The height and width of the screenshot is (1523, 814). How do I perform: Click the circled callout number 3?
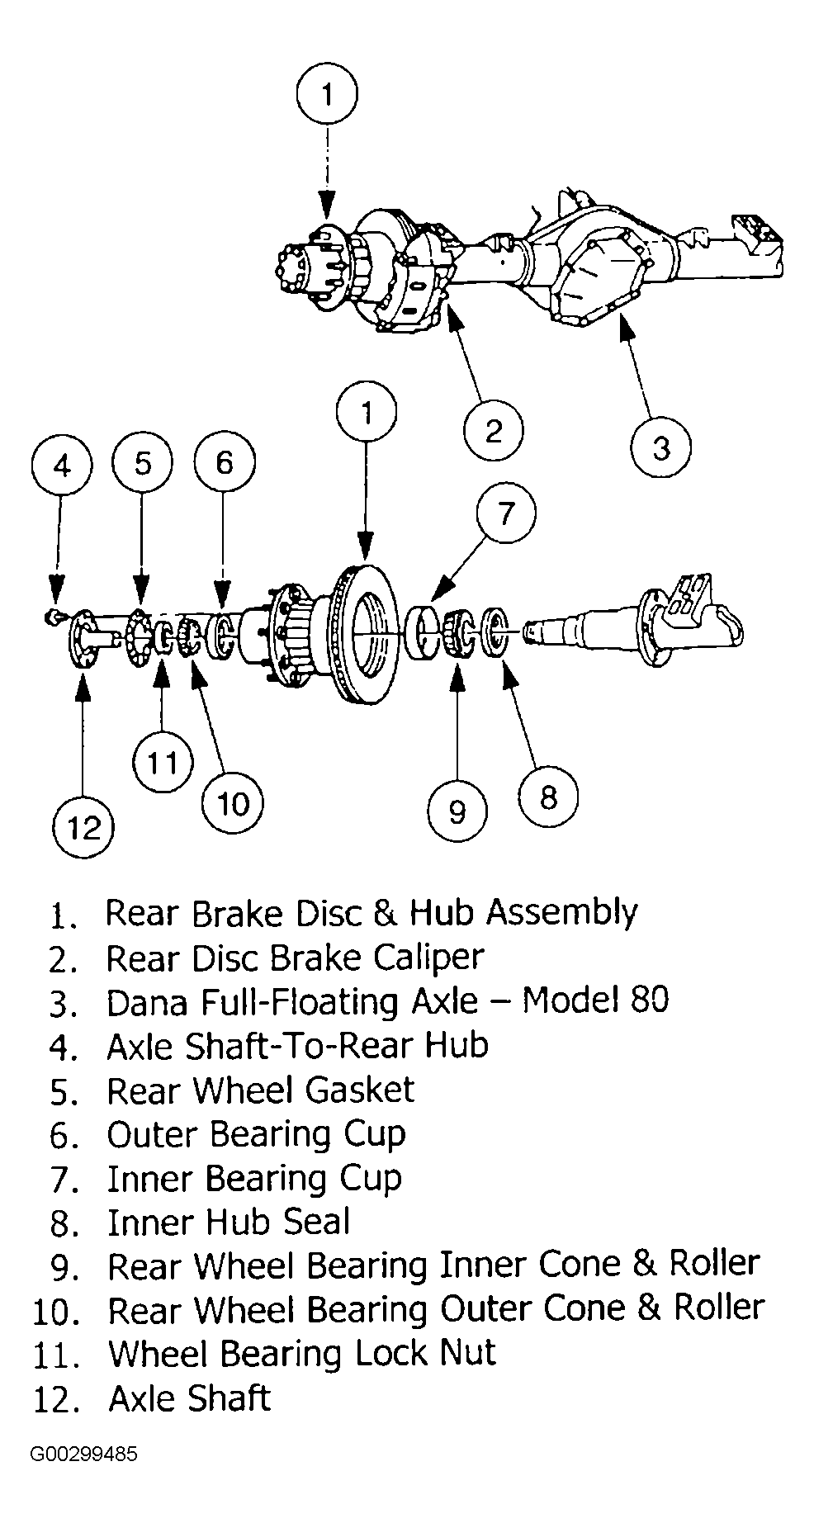660,447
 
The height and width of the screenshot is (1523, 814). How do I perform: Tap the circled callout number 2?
494,431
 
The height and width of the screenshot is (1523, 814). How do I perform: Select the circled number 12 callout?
84,826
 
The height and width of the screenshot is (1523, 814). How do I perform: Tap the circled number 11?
162,762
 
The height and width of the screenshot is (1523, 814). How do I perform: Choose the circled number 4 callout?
62,466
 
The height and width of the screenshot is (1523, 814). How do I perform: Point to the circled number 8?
548,797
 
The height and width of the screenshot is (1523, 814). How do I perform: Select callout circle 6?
224,463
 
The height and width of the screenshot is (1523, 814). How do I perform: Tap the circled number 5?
143,463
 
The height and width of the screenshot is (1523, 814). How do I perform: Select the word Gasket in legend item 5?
360,1090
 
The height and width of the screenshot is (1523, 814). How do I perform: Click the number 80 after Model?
647,1001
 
